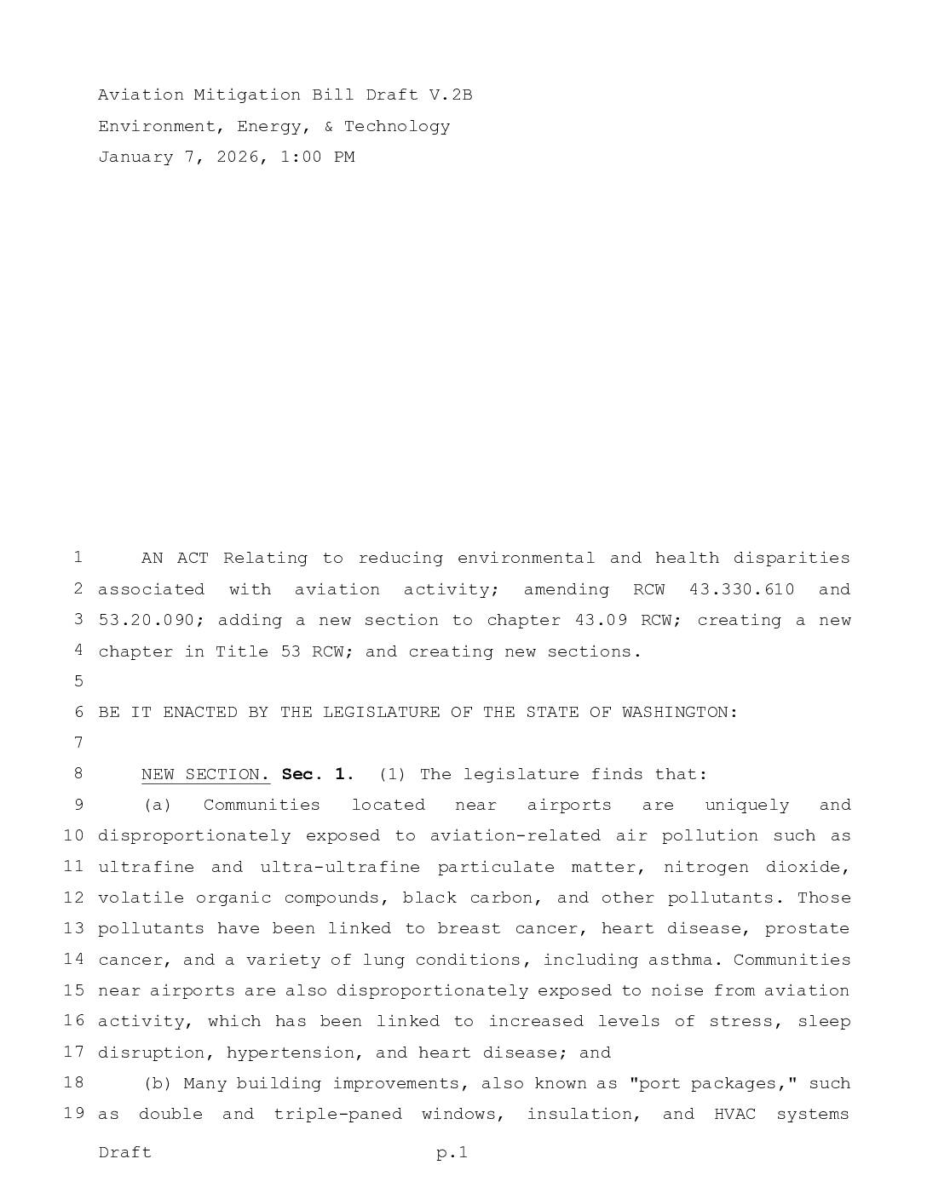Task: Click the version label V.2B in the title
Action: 451,95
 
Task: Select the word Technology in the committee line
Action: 397,127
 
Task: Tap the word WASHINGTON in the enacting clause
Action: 679,713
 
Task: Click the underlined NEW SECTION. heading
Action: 205,775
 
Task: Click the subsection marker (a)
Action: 158,806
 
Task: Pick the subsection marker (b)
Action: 158,1084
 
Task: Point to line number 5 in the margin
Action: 78,681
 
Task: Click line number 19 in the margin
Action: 73,1114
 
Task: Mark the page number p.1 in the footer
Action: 452,1153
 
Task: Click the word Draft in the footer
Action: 124,1153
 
